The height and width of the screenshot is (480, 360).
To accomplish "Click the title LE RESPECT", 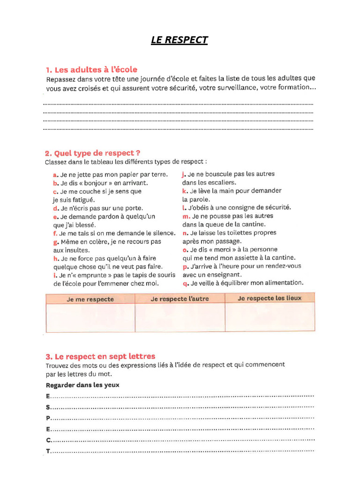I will (179, 40).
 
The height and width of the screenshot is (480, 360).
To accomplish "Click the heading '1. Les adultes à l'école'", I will (91, 69).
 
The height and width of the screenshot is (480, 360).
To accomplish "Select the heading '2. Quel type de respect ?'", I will (92, 153).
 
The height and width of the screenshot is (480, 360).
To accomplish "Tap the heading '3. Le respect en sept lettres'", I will (100, 356).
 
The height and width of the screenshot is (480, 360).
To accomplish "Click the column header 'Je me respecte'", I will (90, 299).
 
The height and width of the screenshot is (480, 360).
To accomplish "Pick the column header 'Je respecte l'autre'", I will (180, 299).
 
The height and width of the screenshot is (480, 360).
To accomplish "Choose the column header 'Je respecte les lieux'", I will (270, 298).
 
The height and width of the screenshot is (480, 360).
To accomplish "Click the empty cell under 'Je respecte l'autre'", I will (180, 318).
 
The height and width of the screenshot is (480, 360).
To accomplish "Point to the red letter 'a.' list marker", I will (56, 174).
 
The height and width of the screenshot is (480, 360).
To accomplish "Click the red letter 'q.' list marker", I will (186, 283).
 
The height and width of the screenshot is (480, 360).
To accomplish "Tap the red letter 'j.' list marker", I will (184, 174).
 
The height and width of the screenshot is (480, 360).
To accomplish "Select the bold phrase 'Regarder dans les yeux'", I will (82, 385).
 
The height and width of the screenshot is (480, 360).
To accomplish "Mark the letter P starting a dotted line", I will (48, 418).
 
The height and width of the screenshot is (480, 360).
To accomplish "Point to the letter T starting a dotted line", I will (48, 451).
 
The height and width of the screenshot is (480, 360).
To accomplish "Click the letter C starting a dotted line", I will (48, 440).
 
